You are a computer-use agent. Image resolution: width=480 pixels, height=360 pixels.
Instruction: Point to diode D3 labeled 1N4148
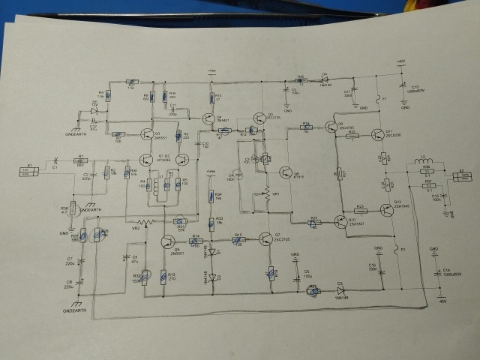(x=339, y=291)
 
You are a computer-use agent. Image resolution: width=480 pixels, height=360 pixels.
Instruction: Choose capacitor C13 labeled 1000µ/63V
(x=403, y=88)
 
